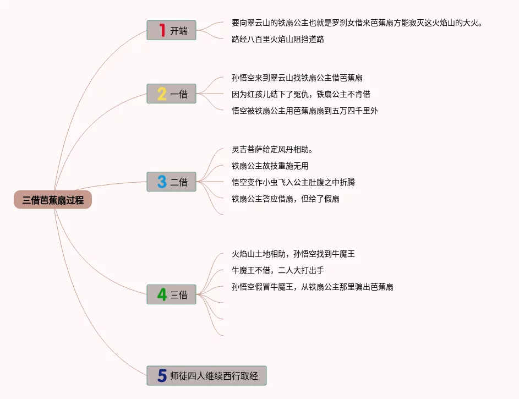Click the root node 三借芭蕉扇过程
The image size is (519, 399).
coord(53,200)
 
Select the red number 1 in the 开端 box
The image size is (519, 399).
coord(162,31)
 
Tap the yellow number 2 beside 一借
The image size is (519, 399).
coord(162,94)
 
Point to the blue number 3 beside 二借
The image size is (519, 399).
coord(162,182)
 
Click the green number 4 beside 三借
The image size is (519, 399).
coord(162,295)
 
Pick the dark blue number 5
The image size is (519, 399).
coord(162,376)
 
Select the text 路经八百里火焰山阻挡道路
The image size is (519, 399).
coord(278,39)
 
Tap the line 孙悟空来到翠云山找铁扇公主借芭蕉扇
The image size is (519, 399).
coord(297,78)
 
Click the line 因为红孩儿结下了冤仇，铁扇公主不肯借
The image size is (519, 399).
coord(301,94)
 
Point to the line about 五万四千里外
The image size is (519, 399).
coord(305,111)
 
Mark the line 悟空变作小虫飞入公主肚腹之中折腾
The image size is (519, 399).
coord(297,182)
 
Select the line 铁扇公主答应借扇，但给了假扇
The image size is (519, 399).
coord(286,199)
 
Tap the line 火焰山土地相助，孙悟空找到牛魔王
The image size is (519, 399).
coord(293,254)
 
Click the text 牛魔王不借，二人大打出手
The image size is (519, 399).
coord(278,270)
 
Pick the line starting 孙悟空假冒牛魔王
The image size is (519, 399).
coord(313,287)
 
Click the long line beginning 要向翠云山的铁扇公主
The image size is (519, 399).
coord(357,23)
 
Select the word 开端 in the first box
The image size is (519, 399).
coord(179,31)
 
